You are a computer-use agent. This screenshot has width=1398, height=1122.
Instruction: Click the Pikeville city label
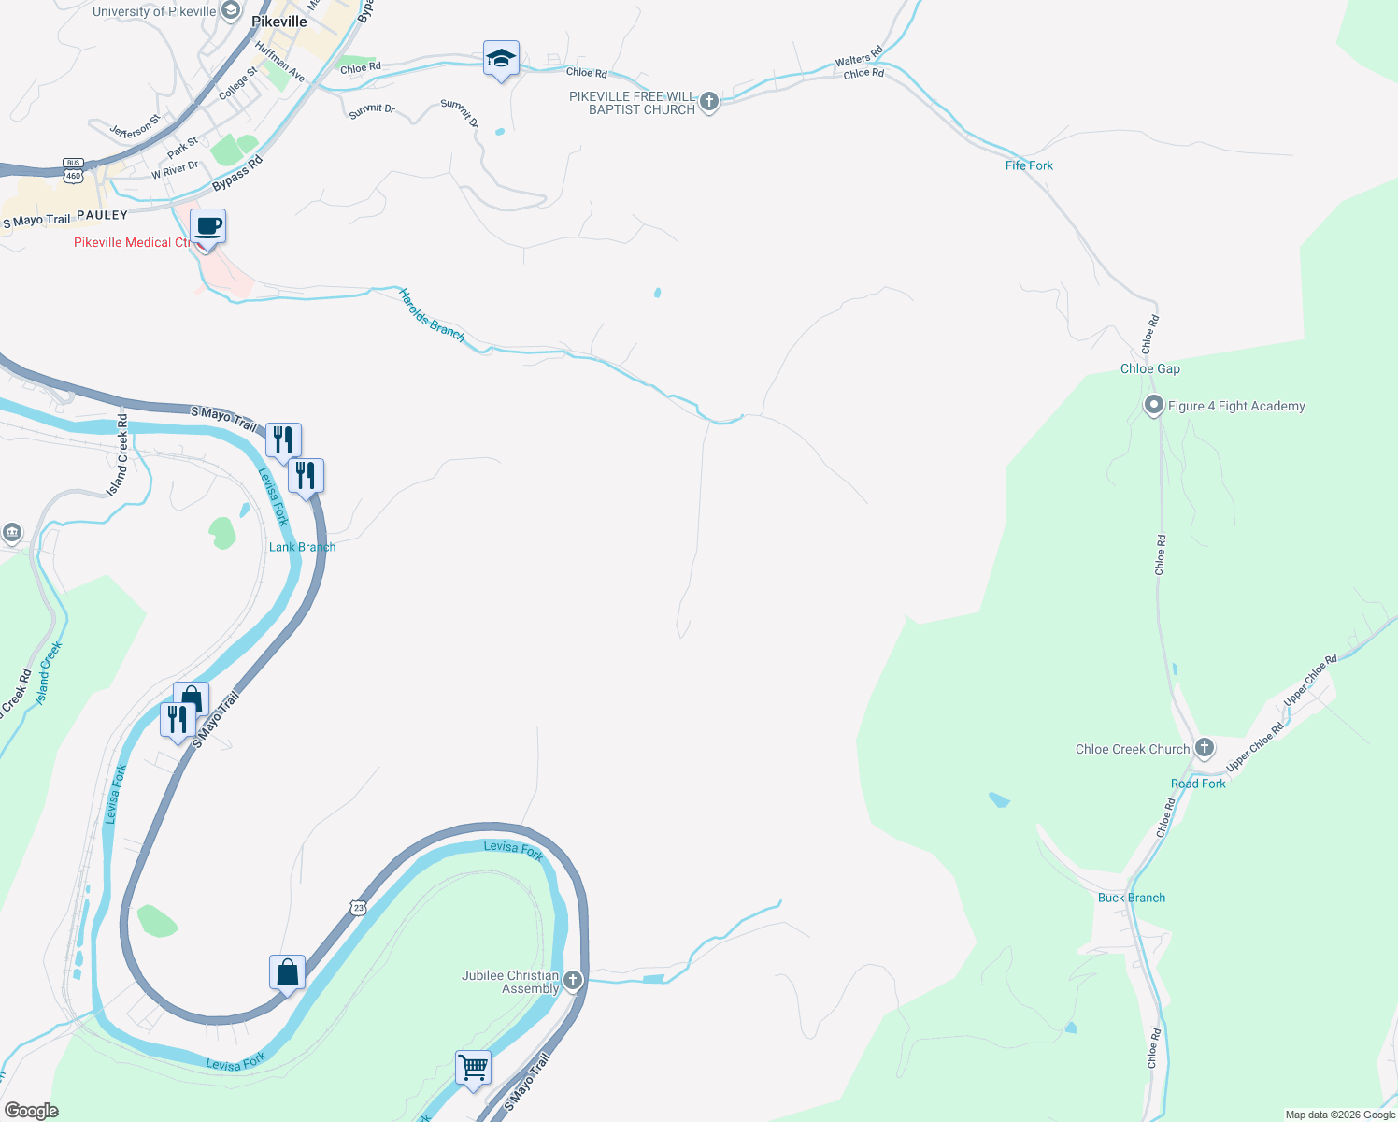[278, 22]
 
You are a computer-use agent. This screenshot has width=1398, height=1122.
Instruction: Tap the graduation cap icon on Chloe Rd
[501, 59]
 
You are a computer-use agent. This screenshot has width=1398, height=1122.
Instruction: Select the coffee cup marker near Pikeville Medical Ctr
[207, 226]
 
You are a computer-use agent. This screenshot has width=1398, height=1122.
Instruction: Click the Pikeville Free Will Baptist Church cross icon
[709, 101]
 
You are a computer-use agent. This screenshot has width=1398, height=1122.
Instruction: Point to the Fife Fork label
[1029, 165]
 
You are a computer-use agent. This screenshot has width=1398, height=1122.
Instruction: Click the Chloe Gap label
[1149, 368]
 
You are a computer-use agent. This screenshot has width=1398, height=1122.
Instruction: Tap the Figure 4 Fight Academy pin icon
[1154, 406]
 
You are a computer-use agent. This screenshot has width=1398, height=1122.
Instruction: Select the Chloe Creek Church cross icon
[1205, 747]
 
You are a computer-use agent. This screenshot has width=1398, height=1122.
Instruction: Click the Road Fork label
[1198, 784]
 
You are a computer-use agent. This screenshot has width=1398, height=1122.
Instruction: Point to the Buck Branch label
[1131, 898]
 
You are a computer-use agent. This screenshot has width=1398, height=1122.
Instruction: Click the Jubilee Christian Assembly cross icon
[573, 980]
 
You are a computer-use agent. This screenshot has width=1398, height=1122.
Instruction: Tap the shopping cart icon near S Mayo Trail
[473, 1067]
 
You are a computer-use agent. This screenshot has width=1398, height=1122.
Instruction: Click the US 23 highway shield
[359, 907]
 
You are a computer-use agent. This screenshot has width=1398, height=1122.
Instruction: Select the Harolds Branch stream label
[431, 315]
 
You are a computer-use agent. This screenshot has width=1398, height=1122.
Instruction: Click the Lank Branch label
[302, 547]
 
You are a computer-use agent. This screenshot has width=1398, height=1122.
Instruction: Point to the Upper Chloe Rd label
[1309, 681]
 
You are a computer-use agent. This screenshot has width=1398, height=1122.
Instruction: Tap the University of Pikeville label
[153, 11]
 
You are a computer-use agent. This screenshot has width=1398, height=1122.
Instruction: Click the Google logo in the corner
[31, 1111]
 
